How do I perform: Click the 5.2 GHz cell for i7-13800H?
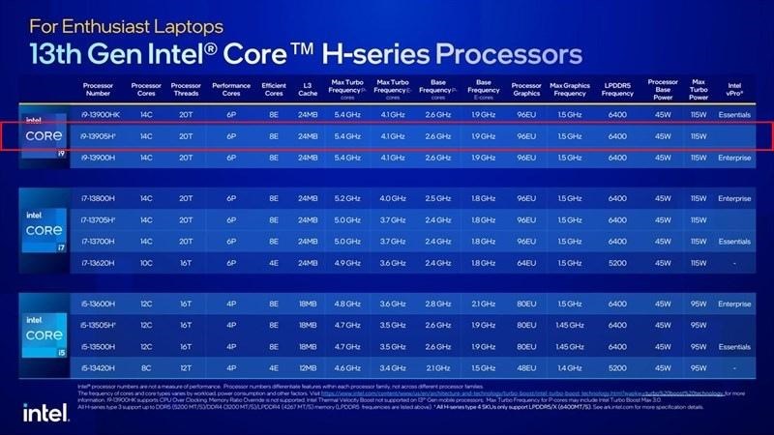[x=348, y=198]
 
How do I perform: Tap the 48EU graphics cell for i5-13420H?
[x=527, y=367]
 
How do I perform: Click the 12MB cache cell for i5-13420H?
[x=309, y=367]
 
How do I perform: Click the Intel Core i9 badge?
[x=44, y=136]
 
